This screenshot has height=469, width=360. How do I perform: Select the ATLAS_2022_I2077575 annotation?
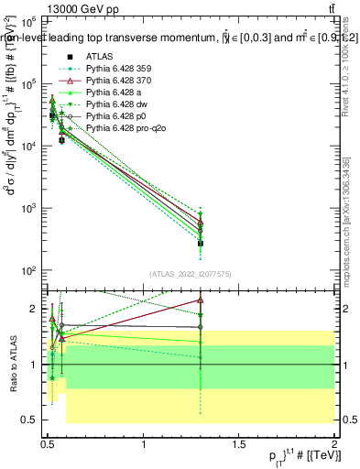click(190, 274)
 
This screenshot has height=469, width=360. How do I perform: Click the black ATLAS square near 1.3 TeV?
click(201, 243)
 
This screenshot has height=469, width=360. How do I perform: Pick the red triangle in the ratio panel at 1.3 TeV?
click(201, 300)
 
